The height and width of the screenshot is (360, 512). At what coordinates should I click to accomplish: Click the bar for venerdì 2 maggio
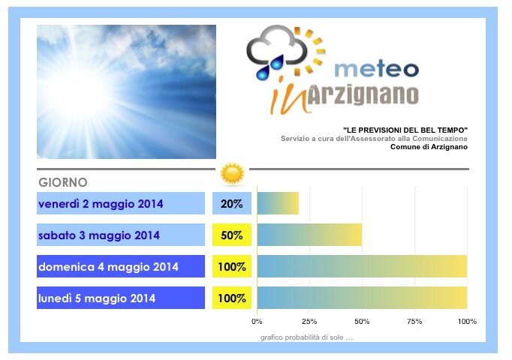tap(278, 203)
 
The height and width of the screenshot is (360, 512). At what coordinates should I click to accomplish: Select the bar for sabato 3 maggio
tap(309, 235)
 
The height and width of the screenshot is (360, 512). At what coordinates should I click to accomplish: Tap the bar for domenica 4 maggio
tap(362, 266)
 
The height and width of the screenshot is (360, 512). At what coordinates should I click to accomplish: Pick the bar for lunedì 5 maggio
tap(362, 298)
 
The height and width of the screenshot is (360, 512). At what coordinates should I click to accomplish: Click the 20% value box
tap(232, 203)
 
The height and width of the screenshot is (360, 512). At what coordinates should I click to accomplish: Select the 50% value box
tap(232, 235)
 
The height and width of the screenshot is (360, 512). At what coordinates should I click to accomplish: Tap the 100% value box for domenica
tap(232, 266)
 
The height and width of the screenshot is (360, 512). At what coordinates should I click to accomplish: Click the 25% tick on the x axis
tap(309, 322)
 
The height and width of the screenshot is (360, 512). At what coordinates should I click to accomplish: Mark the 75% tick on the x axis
tap(414, 322)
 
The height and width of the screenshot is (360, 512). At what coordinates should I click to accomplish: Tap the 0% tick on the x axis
tap(257, 322)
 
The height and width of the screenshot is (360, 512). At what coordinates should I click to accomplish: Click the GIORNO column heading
tap(63, 182)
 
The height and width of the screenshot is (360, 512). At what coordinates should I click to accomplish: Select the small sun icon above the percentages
tap(232, 174)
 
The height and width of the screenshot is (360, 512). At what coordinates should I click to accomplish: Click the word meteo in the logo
tap(376, 69)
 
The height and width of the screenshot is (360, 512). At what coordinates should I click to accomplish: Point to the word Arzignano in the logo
tap(363, 95)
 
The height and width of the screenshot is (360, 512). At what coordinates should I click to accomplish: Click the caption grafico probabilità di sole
tap(306, 337)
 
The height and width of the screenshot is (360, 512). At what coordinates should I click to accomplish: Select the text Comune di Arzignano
tap(429, 147)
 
